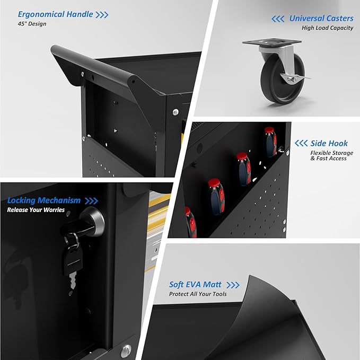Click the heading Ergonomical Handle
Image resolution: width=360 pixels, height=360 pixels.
[x=55, y=14]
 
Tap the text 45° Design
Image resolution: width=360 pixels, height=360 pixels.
[x=32, y=24]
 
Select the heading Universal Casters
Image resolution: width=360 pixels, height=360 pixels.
[x=321, y=19]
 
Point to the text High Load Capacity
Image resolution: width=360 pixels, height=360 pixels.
[x=328, y=28]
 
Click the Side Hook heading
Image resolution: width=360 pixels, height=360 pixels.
[x=329, y=143]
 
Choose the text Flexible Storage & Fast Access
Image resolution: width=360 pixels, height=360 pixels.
[x=332, y=155]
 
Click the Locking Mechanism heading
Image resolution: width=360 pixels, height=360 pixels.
[x=44, y=200]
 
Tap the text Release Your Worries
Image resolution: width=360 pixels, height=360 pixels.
[x=36, y=210]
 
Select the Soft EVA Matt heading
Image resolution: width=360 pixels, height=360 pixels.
[x=195, y=285]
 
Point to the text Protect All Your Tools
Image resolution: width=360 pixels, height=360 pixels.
[x=198, y=294]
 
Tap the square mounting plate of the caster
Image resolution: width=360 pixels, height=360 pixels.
[x=272, y=42]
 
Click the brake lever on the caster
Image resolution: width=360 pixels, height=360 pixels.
[x=296, y=77]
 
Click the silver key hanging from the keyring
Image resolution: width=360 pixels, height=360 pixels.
[x=73, y=280]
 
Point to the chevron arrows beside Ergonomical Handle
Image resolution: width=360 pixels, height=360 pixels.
[x=102, y=15]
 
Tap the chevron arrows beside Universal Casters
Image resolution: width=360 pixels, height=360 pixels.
[x=278, y=19]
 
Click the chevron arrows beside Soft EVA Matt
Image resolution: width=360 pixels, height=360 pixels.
[x=233, y=285]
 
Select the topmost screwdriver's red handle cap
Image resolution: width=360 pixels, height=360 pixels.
[x=269, y=130]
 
